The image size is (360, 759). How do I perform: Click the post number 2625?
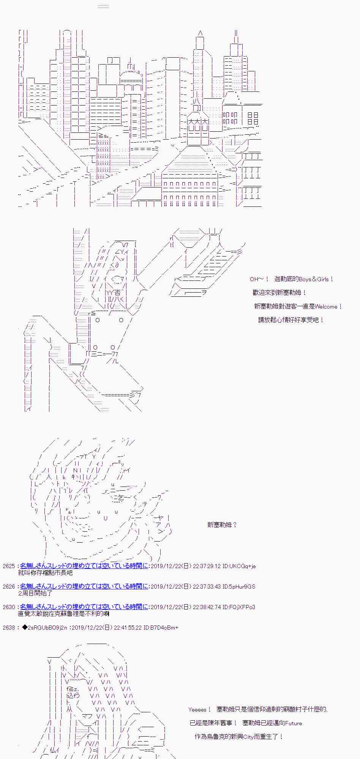(9, 566)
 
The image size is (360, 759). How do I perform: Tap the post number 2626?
(9, 587)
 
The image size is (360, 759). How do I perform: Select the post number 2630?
(9, 607)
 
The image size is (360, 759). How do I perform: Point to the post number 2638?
(9, 628)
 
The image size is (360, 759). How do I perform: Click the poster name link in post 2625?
(84, 566)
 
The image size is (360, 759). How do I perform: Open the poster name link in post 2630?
(84, 607)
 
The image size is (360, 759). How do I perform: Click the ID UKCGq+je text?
(239, 566)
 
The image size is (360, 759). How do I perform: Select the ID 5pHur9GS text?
(239, 587)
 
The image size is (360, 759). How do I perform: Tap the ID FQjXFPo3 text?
(239, 607)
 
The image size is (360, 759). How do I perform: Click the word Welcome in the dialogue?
(326, 306)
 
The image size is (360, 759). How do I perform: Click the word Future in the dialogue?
(293, 723)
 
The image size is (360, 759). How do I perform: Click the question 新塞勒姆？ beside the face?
(222, 525)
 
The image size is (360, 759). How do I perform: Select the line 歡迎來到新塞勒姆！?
(279, 293)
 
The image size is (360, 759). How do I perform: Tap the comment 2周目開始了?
(35, 593)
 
